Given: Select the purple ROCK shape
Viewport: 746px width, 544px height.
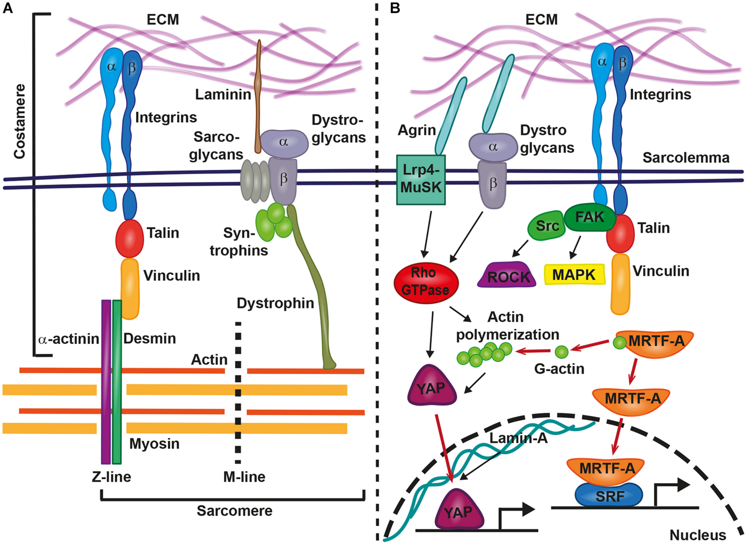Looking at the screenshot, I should pyautogui.click(x=507, y=275).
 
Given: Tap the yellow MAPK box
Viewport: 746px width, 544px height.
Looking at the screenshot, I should pyautogui.click(x=574, y=274).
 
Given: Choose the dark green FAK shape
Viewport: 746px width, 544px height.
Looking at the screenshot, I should pyautogui.click(x=589, y=218).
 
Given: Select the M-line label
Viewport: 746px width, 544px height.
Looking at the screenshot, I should pyautogui.click(x=244, y=477).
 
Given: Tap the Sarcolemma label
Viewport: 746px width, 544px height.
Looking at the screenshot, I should pyautogui.click(x=686, y=158).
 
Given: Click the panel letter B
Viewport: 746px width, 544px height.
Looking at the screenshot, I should pyautogui.click(x=395, y=7).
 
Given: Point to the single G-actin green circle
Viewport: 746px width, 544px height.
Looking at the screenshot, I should pyautogui.click(x=561, y=352).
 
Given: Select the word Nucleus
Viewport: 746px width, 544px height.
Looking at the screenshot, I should pyautogui.click(x=698, y=535).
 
